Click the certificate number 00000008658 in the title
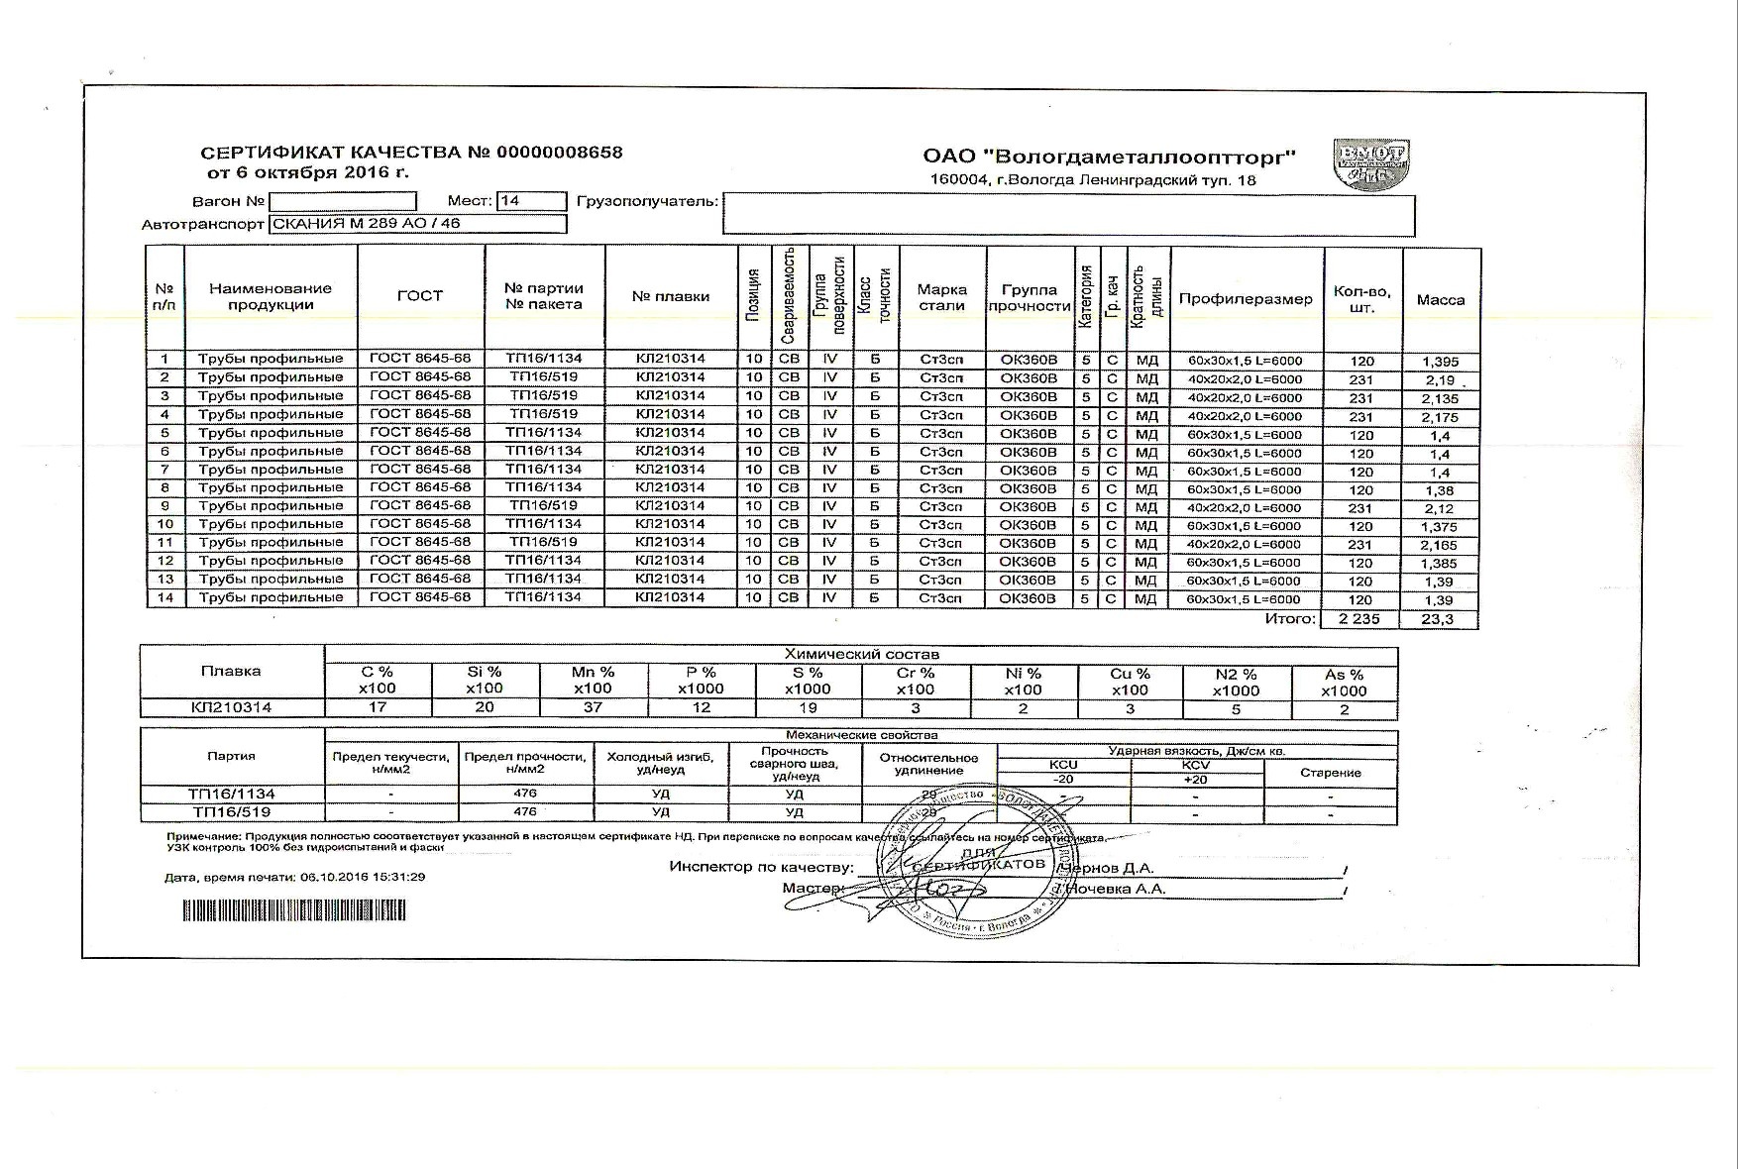[x=559, y=153]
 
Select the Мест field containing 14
[x=531, y=201]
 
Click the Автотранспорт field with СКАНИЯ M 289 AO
[x=417, y=224]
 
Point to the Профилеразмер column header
[x=1246, y=299]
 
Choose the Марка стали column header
[x=941, y=297]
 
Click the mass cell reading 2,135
[x=1440, y=399]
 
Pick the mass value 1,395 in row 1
[x=1440, y=362]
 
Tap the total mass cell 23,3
[x=1438, y=619]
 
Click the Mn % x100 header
[x=593, y=681]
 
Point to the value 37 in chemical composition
[x=593, y=707]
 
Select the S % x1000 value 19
[x=808, y=707]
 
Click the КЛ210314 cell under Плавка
[x=232, y=707]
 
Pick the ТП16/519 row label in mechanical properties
[x=232, y=812]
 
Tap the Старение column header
[x=1330, y=773]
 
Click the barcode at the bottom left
[x=294, y=910]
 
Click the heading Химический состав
[x=861, y=654]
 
